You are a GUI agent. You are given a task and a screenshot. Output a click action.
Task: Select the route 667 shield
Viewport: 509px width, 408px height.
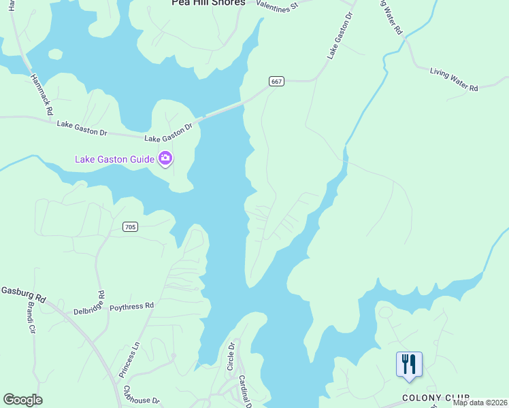coord(276,82)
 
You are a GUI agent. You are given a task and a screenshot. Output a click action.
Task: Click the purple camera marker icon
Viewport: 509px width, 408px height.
coord(165,159)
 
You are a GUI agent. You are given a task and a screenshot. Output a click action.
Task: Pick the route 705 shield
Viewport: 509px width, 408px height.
coord(131,226)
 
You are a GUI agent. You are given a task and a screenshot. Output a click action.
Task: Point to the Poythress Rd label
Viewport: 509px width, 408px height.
coord(132,307)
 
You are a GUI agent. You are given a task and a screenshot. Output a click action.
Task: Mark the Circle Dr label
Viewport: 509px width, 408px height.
coord(231,356)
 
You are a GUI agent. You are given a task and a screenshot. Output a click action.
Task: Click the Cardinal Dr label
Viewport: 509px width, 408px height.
coord(246,392)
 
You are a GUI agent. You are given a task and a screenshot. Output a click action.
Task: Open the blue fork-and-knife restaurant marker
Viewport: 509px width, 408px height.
coord(409,364)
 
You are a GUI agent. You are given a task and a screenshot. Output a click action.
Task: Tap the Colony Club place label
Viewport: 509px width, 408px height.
coord(436,398)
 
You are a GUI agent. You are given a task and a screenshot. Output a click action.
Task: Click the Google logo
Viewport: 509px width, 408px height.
coord(22,400)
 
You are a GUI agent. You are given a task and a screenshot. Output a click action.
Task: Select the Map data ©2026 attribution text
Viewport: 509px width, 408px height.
coord(480,403)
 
